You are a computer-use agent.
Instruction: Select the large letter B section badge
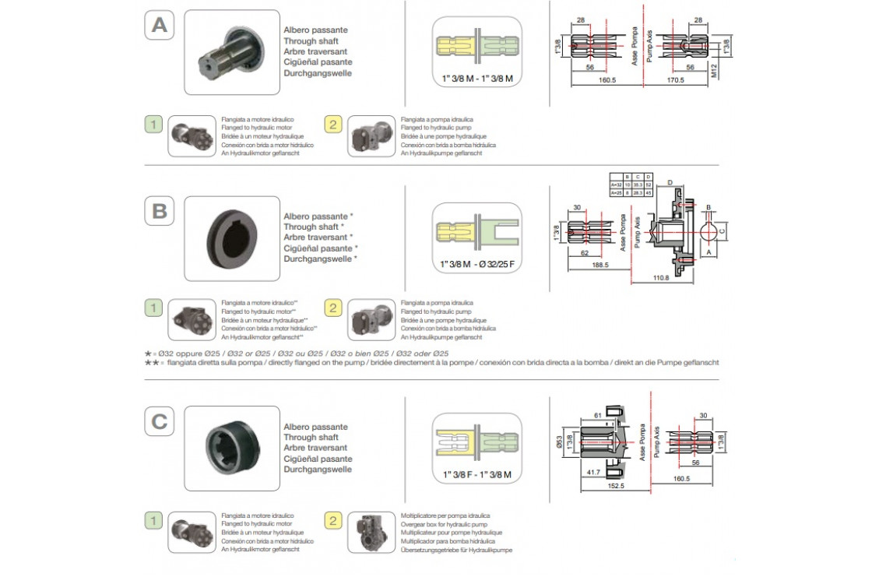[159, 210]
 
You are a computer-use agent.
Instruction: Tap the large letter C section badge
[159, 421]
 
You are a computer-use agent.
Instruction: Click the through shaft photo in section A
[231, 51]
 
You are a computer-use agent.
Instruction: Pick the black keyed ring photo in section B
[231, 237]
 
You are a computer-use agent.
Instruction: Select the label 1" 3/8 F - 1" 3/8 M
[477, 474]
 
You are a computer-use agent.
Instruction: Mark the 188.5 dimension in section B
[600, 266]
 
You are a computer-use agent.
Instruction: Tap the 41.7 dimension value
[592, 473]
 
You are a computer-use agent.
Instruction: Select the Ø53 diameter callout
[560, 442]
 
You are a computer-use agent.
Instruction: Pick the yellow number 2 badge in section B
[332, 308]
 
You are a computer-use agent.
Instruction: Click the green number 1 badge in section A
[155, 124]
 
